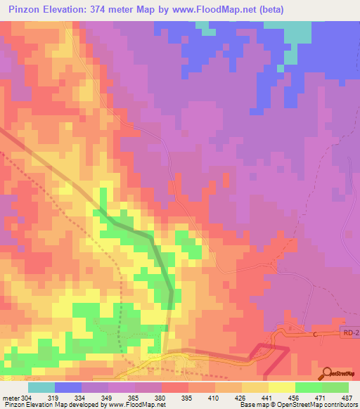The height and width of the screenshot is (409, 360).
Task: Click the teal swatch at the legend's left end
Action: tap(41, 387)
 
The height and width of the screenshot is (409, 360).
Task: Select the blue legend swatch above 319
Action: tap(68, 387)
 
